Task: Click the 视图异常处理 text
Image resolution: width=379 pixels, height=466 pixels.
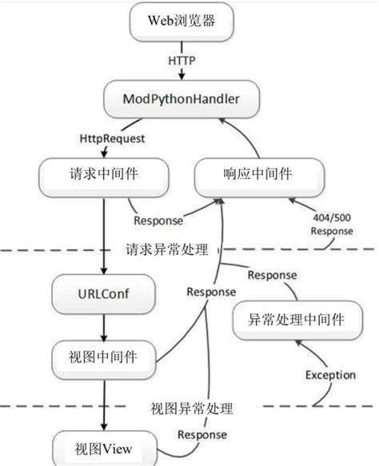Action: tap(192, 409)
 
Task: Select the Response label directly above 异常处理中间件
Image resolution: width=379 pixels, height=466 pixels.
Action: tap(273, 277)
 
